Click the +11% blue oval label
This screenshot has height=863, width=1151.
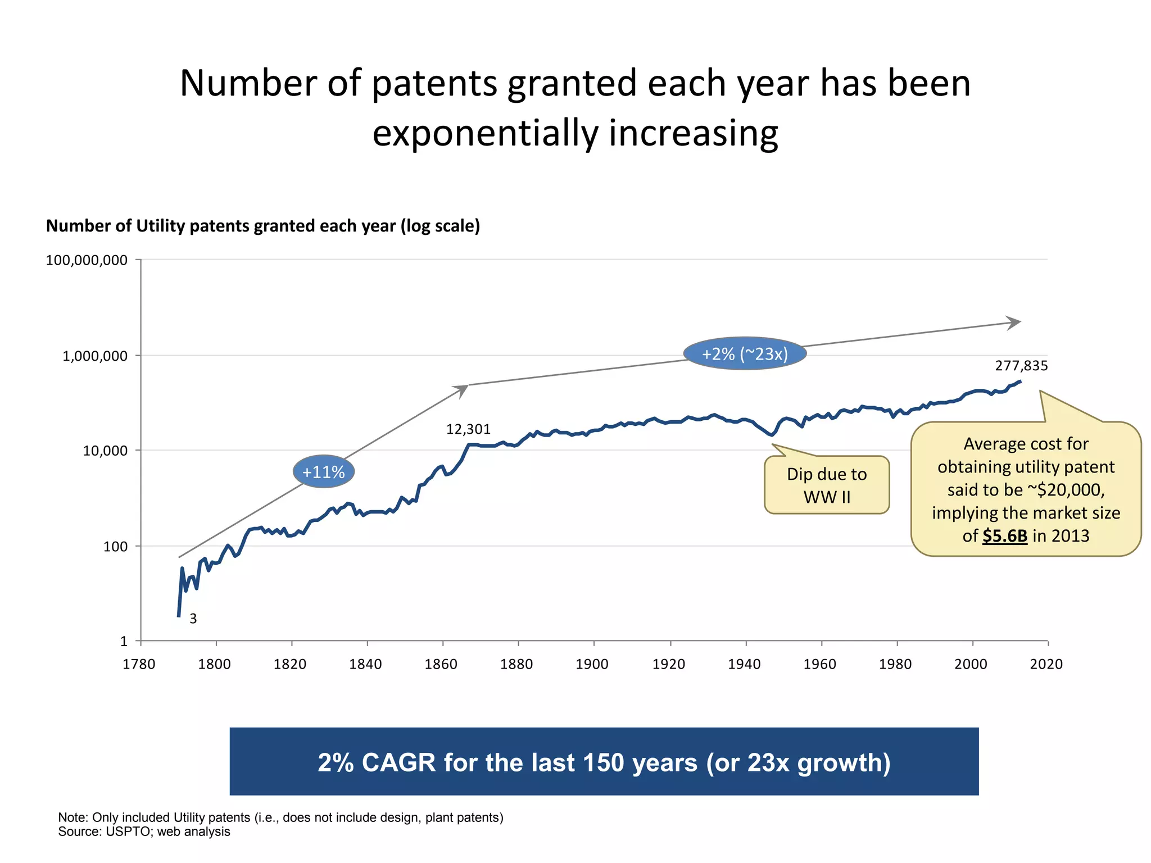click(x=323, y=472)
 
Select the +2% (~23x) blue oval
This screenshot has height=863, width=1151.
click(x=745, y=354)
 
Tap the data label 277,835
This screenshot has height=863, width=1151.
click(x=1021, y=366)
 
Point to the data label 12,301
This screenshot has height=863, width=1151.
click(x=468, y=429)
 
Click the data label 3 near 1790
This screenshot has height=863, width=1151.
click(x=193, y=619)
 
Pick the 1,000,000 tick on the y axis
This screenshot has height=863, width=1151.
click(x=95, y=356)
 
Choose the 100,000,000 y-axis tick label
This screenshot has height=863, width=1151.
click(x=87, y=260)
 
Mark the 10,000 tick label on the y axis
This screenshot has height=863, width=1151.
click(x=105, y=451)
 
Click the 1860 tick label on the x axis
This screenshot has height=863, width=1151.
click(x=441, y=664)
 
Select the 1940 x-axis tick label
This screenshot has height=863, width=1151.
click(x=744, y=664)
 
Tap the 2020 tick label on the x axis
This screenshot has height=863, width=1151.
click(x=1046, y=664)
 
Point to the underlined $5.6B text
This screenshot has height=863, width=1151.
click(x=1005, y=536)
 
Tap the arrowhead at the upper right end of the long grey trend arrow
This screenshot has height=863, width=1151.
click(x=1014, y=323)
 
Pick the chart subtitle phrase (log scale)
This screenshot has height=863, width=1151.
click(x=440, y=226)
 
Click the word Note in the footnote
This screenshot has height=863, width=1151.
click(x=72, y=817)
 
